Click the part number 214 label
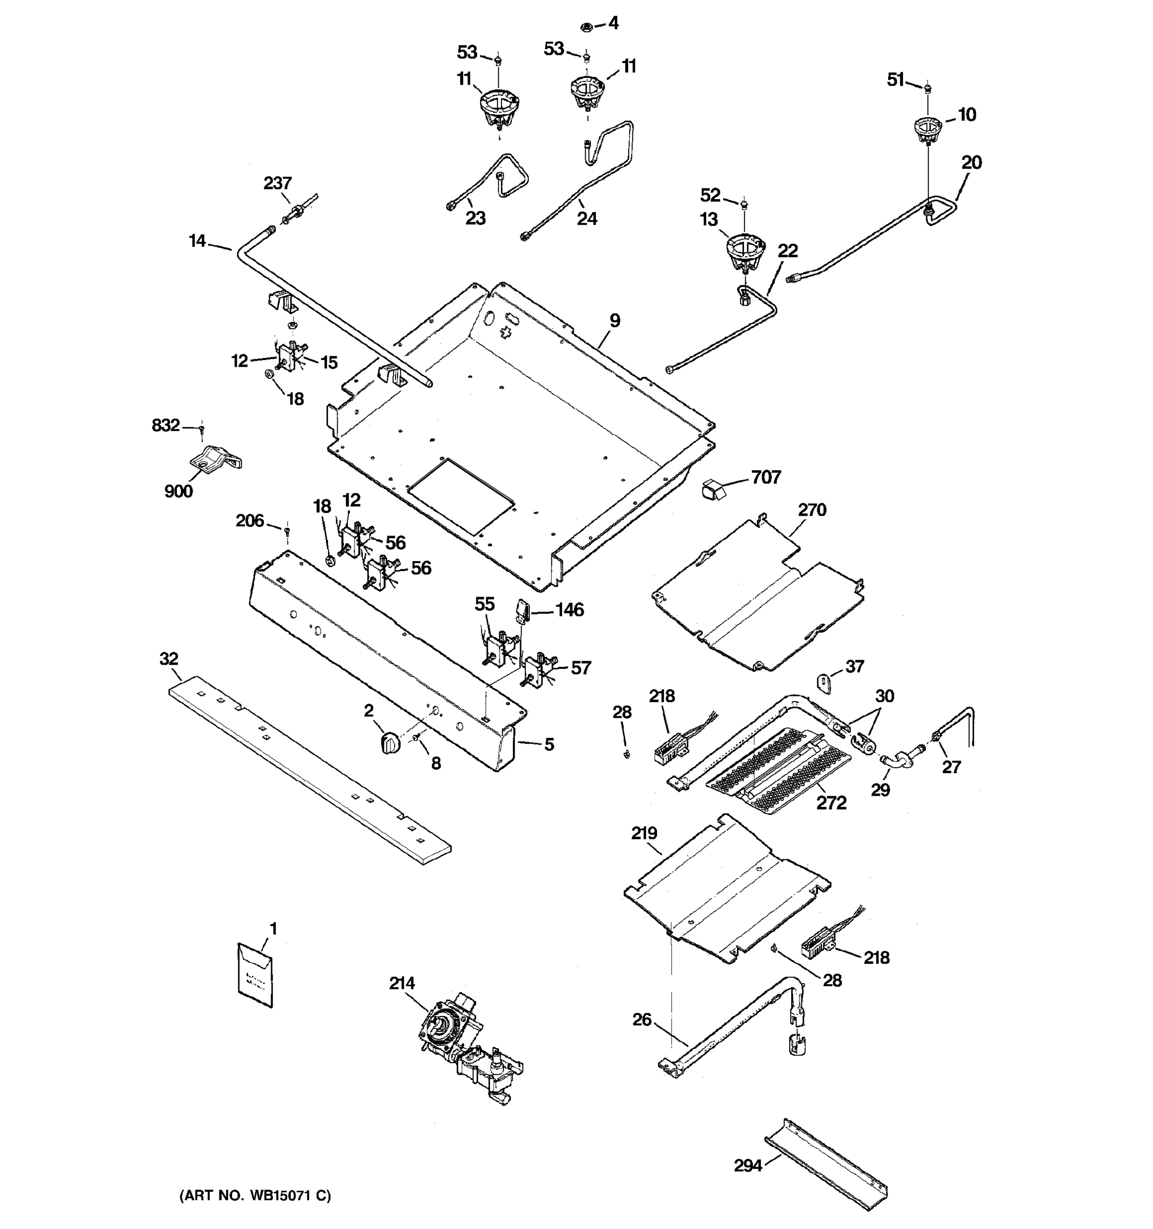tap(402, 984)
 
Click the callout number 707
tap(766, 477)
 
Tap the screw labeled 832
tap(201, 428)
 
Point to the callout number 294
tap(748, 1166)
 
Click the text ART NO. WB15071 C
tap(255, 1196)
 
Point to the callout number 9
tap(614, 320)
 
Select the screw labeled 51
tap(927, 90)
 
